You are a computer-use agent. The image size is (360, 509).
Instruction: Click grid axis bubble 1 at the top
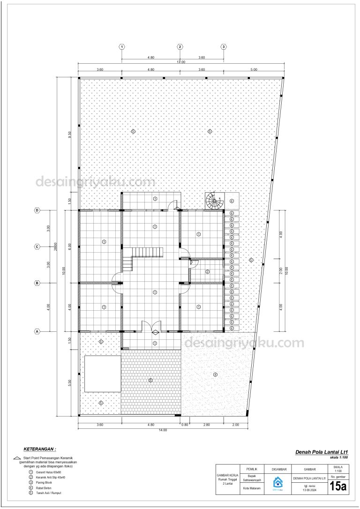click(x=122, y=47)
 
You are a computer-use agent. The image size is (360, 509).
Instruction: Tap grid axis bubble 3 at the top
click(x=224, y=47)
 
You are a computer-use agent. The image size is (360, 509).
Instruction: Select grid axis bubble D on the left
click(x=37, y=210)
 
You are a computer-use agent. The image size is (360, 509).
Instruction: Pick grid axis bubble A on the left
click(x=37, y=331)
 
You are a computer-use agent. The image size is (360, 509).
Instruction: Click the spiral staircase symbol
click(x=213, y=202)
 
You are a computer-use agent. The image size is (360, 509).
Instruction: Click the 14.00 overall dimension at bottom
click(x=163, y=430)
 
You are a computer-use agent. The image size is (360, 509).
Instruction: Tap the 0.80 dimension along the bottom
click(x=185, y=425)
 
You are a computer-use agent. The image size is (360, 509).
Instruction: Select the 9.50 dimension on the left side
click(x=69, y=135)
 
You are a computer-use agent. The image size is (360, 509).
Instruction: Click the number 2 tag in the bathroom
click(x=207, y=271)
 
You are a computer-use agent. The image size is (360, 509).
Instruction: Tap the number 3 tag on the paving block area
click(x=150, y=380)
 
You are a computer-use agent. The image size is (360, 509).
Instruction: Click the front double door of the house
click(x=150, y=327)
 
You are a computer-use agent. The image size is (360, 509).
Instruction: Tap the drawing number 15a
click(x=337, y=487)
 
